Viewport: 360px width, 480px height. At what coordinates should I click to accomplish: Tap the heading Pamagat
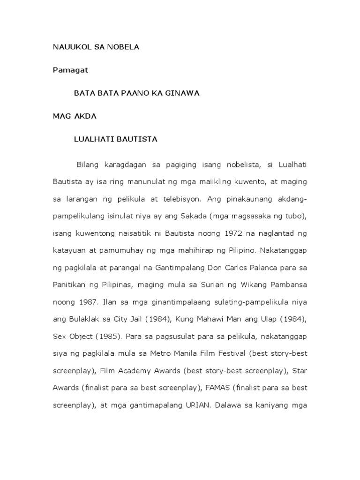coord(70,70)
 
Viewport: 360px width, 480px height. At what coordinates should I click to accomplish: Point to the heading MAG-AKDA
coord(75,116)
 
